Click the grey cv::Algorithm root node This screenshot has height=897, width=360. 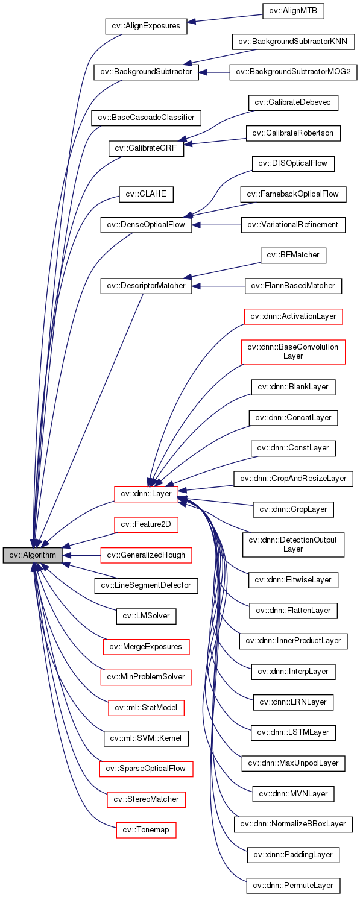pos(33,555)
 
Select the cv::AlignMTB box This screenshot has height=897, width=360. pos(289,11)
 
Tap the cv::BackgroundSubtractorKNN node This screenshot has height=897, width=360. pos(293,42)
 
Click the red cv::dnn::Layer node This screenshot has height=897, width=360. pos(146,494)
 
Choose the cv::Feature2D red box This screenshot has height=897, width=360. pos(146,524)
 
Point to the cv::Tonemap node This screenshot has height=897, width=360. pos(146,830)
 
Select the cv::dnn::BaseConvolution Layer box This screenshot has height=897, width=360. pos(293,351)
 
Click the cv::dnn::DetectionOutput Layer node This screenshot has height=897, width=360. pos(293,544)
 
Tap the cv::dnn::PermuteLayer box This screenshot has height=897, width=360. pos(293,885)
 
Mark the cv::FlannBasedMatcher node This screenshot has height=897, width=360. pos(293,286)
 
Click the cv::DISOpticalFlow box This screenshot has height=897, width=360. pos(293,163)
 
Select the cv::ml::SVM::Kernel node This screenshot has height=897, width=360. pos(146,738)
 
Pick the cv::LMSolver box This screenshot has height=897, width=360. pos(146,615)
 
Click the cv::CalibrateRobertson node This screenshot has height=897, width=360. pos(293,133)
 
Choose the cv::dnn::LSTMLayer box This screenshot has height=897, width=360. pos(293,732)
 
